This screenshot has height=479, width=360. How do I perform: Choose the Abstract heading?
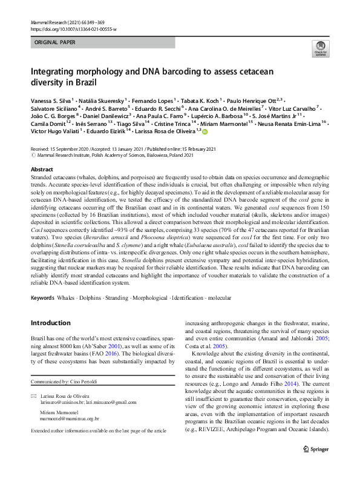(42, 170)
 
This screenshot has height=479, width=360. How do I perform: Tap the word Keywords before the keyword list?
(42, 298)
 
